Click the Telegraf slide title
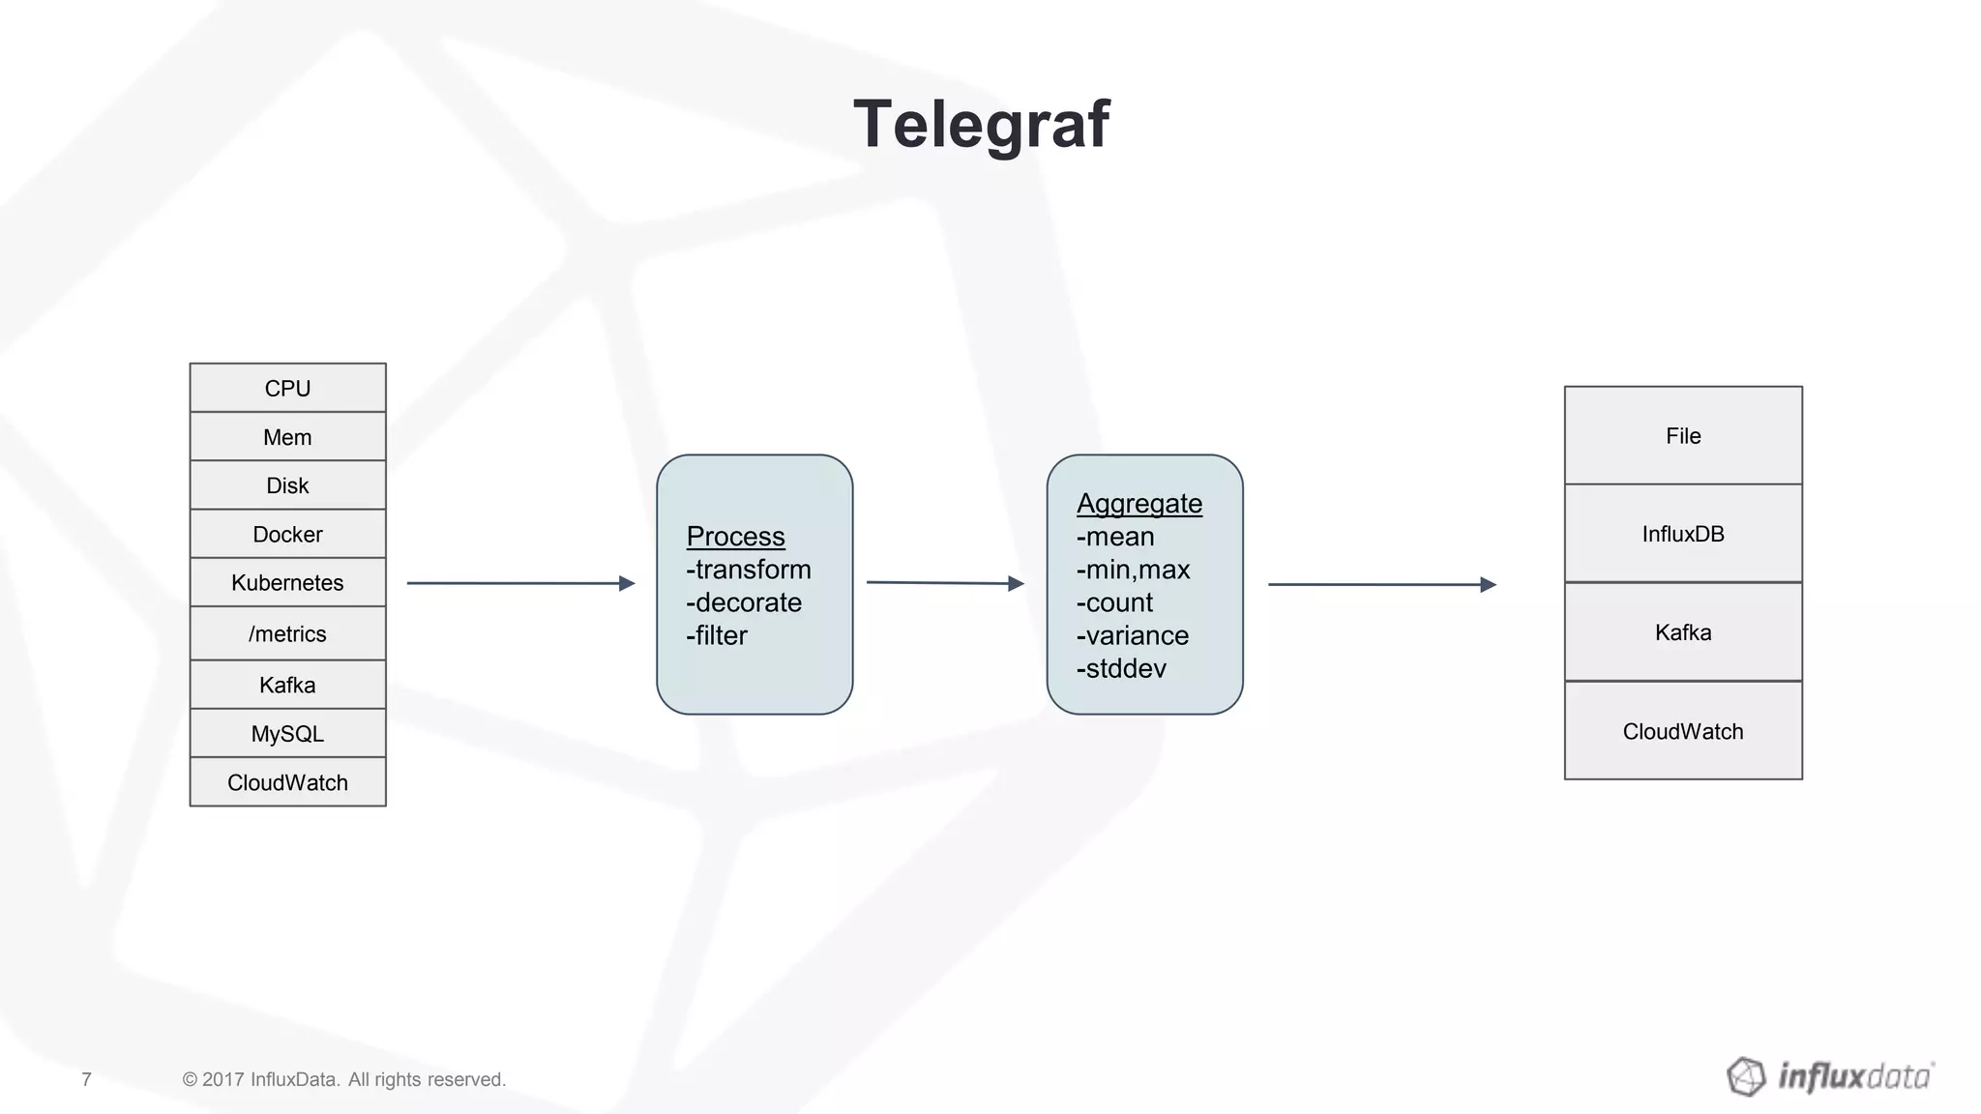pos(981,125)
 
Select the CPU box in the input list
pos(287,388)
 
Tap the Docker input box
pos(287,534)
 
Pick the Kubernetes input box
pos(287,582)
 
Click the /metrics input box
pos(287,633)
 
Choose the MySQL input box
pos(287,733)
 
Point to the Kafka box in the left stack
pos(287,685)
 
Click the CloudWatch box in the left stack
pos(287,782)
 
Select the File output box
pos(1683,436)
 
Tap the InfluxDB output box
pos(1683,534)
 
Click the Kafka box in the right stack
pos(1683,632)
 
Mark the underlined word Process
pos(735,536)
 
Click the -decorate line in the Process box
pos(744,602)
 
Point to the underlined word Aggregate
pos(1139,503)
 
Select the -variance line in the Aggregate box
pos(1133,635)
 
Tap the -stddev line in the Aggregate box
pos(1121,668)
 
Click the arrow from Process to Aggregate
pos(945,583)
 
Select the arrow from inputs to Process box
pos(520,583)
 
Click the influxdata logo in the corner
pos(1830,1076)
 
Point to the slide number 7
pos(86,1079)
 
